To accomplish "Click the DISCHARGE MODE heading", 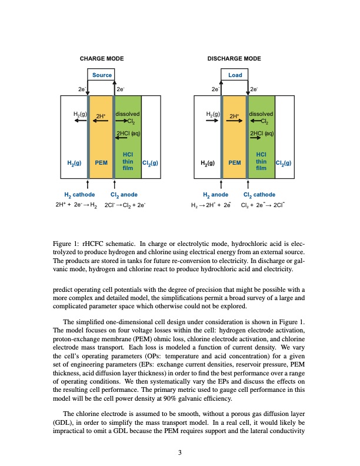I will pyautogui.click(x=234, y=58).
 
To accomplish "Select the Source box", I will pyautogui.click(x=102, y=75).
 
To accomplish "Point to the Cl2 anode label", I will pyautogui.click(x=124, y=194).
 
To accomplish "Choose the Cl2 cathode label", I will pyautogui.click(x=259, y=194).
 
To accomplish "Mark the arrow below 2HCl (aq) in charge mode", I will pyautogui.click(x=121, y=139).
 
